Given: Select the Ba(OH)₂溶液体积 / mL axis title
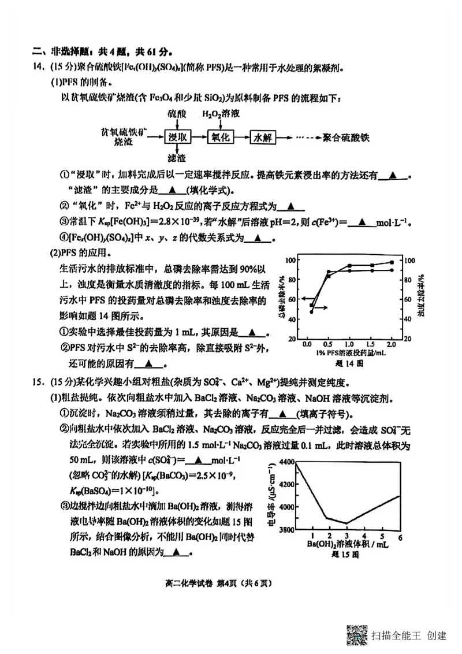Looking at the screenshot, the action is coord(347,545).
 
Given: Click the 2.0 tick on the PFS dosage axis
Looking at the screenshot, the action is coord(391,343).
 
